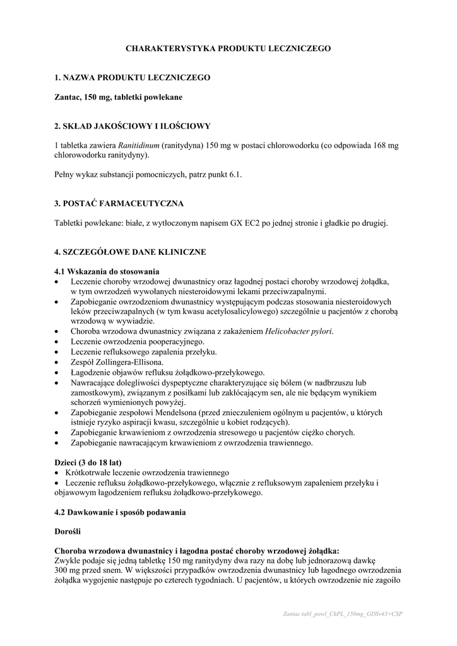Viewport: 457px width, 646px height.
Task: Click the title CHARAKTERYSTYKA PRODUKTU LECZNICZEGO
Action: [x=228, y=48]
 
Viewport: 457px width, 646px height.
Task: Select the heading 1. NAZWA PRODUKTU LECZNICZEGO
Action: [x=133, y=78]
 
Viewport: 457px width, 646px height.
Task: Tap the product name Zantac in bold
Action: [x=68, y=97]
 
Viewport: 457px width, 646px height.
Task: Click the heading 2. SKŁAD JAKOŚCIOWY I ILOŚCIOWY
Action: [x=133, y=126]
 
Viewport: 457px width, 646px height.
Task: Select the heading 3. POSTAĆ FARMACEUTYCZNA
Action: [x=119, y=203]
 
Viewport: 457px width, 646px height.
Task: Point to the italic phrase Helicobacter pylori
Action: [x=299, y=331]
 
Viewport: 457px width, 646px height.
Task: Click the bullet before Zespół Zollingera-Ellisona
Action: [x=57, y=362]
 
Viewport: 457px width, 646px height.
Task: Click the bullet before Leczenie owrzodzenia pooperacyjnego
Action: [x=57, y=342]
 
